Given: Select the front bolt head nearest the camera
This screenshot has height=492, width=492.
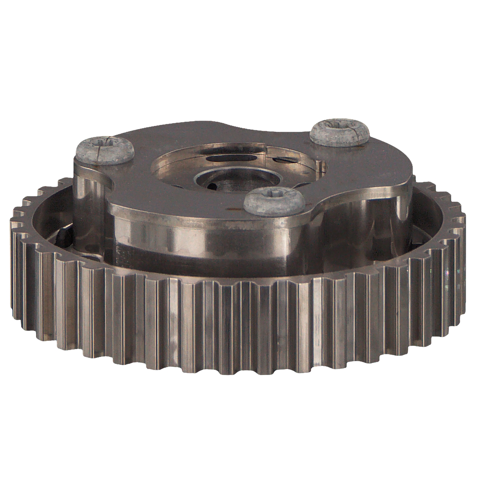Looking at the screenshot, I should pos(274,201).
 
